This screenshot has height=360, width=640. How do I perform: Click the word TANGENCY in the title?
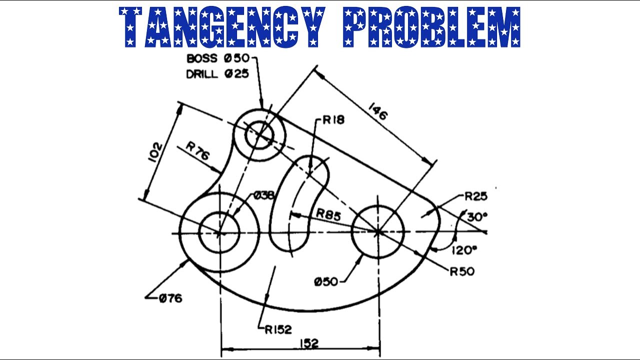[x=222, y=27]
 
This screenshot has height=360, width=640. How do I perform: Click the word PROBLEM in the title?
[x=431, y=27]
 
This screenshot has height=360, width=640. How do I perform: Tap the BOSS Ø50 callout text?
[x=218, y=58]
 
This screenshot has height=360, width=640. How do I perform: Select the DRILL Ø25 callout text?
[x=217, y=74]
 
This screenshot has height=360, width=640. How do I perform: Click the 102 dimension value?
[x=156, y=152]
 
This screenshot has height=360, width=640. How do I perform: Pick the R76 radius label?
[x=197, y=151]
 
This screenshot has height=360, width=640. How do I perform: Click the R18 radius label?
[x=333, y=120]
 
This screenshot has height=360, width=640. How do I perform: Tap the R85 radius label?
[x=328, y=214]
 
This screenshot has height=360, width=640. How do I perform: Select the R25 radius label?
[x=476, y=196]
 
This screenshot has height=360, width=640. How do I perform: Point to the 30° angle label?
[x=477, y=217]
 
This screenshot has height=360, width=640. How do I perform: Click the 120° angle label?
[x=464, y=250]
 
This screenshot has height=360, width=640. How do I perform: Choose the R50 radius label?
[x=462, y=271]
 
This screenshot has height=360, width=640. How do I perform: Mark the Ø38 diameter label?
[x=263, y=195]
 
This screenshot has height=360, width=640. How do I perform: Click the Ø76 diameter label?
[x=170, y=299]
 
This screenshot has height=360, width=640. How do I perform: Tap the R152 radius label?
[x=278, y=329]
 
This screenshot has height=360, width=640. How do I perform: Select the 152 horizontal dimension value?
[x=309, y=343]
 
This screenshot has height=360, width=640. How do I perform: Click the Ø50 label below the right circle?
[x=326, y=282]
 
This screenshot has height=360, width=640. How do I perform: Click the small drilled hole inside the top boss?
[x=259, y=135]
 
